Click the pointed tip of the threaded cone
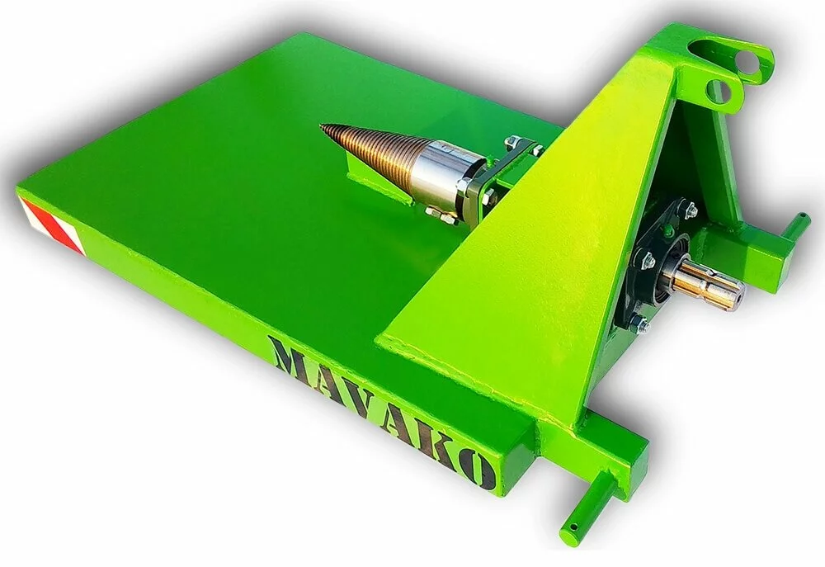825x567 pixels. click(322, 125)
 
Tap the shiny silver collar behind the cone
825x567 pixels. click(440, 174)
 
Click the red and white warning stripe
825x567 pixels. click(52, 226)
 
